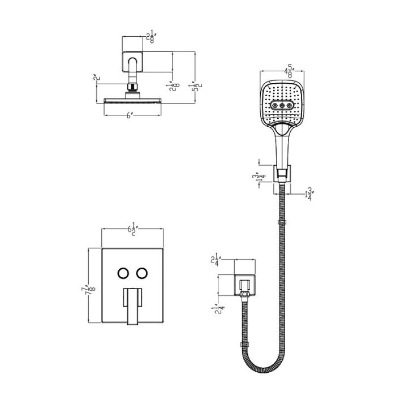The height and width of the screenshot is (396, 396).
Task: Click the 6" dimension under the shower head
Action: [x=130, y=115]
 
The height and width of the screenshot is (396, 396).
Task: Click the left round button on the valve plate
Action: [x=123, y=273]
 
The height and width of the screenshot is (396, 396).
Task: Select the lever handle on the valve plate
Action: [x=132, y=305]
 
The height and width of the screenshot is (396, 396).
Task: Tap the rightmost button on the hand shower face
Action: [x=290, y=105]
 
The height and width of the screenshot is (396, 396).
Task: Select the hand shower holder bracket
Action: [x=282, y=174]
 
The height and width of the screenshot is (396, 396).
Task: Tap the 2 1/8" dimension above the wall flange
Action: [x=150, y=38]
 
